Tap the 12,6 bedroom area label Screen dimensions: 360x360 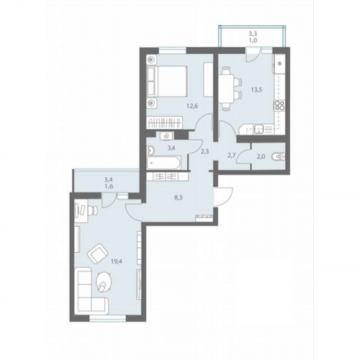tap(192, 106)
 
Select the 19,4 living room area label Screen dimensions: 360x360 tap(117, 261)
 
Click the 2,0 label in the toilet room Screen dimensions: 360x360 tap(261, 156)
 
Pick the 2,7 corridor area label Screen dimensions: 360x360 tap(231, 155)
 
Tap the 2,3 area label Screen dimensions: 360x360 tap(204, 151)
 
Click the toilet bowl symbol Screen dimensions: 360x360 tap(279, 157)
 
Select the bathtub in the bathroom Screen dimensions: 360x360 tap(163, 163)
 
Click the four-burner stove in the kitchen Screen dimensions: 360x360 tap(279, 106)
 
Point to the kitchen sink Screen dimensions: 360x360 tap(259, 129)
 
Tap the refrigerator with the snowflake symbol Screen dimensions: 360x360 tap(279, 63)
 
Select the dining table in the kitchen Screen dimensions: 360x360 tap(226, 89)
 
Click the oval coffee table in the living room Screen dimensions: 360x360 tap(104, 282)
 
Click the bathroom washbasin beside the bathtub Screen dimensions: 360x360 tap(151, 150)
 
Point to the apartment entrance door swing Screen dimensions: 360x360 tap(224, 197)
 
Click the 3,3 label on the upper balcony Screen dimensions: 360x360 tap(253, 35)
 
